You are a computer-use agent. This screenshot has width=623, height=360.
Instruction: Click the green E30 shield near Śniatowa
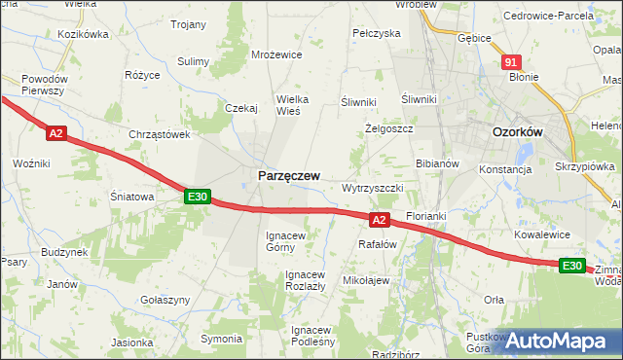198,197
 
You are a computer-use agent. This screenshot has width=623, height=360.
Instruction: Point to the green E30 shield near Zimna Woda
572,266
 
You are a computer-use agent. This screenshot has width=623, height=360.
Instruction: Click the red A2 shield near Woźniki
56,133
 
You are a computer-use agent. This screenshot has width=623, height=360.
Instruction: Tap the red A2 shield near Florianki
380,220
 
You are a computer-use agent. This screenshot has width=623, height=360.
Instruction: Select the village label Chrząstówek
159,135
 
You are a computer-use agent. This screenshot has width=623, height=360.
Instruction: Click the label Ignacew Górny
286,241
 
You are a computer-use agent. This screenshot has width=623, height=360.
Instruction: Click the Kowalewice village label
543,234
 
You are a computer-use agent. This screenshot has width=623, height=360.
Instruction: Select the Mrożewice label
275,55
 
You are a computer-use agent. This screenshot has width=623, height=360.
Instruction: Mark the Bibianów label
437,163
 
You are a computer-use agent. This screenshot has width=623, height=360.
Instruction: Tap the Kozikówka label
83,34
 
